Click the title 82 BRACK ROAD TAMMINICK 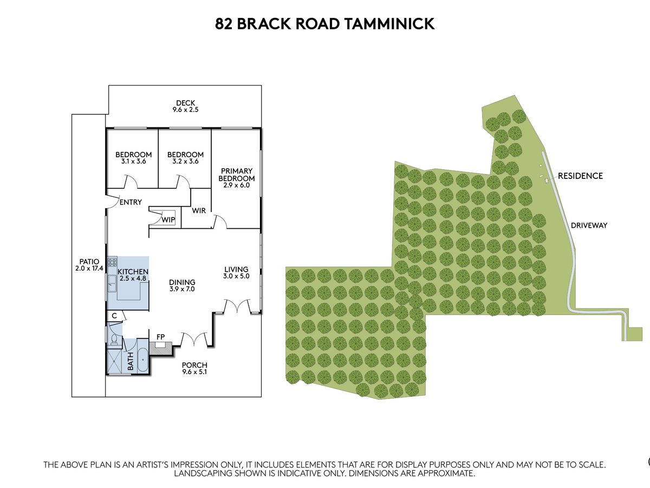[325, 24]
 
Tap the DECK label [185, 103]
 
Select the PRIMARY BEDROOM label [236, 175]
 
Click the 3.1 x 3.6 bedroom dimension [133, 161]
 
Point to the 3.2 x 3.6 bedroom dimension [185, 161]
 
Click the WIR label [199, 210]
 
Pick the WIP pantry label [168, 220]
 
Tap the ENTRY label [131, 202]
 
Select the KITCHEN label [133, 271]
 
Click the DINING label [181, 282]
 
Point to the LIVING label [237, 269]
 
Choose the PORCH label [194, 365]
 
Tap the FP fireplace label [160, 337]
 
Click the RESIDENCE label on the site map [580, 176]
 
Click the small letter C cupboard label [114, 315]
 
